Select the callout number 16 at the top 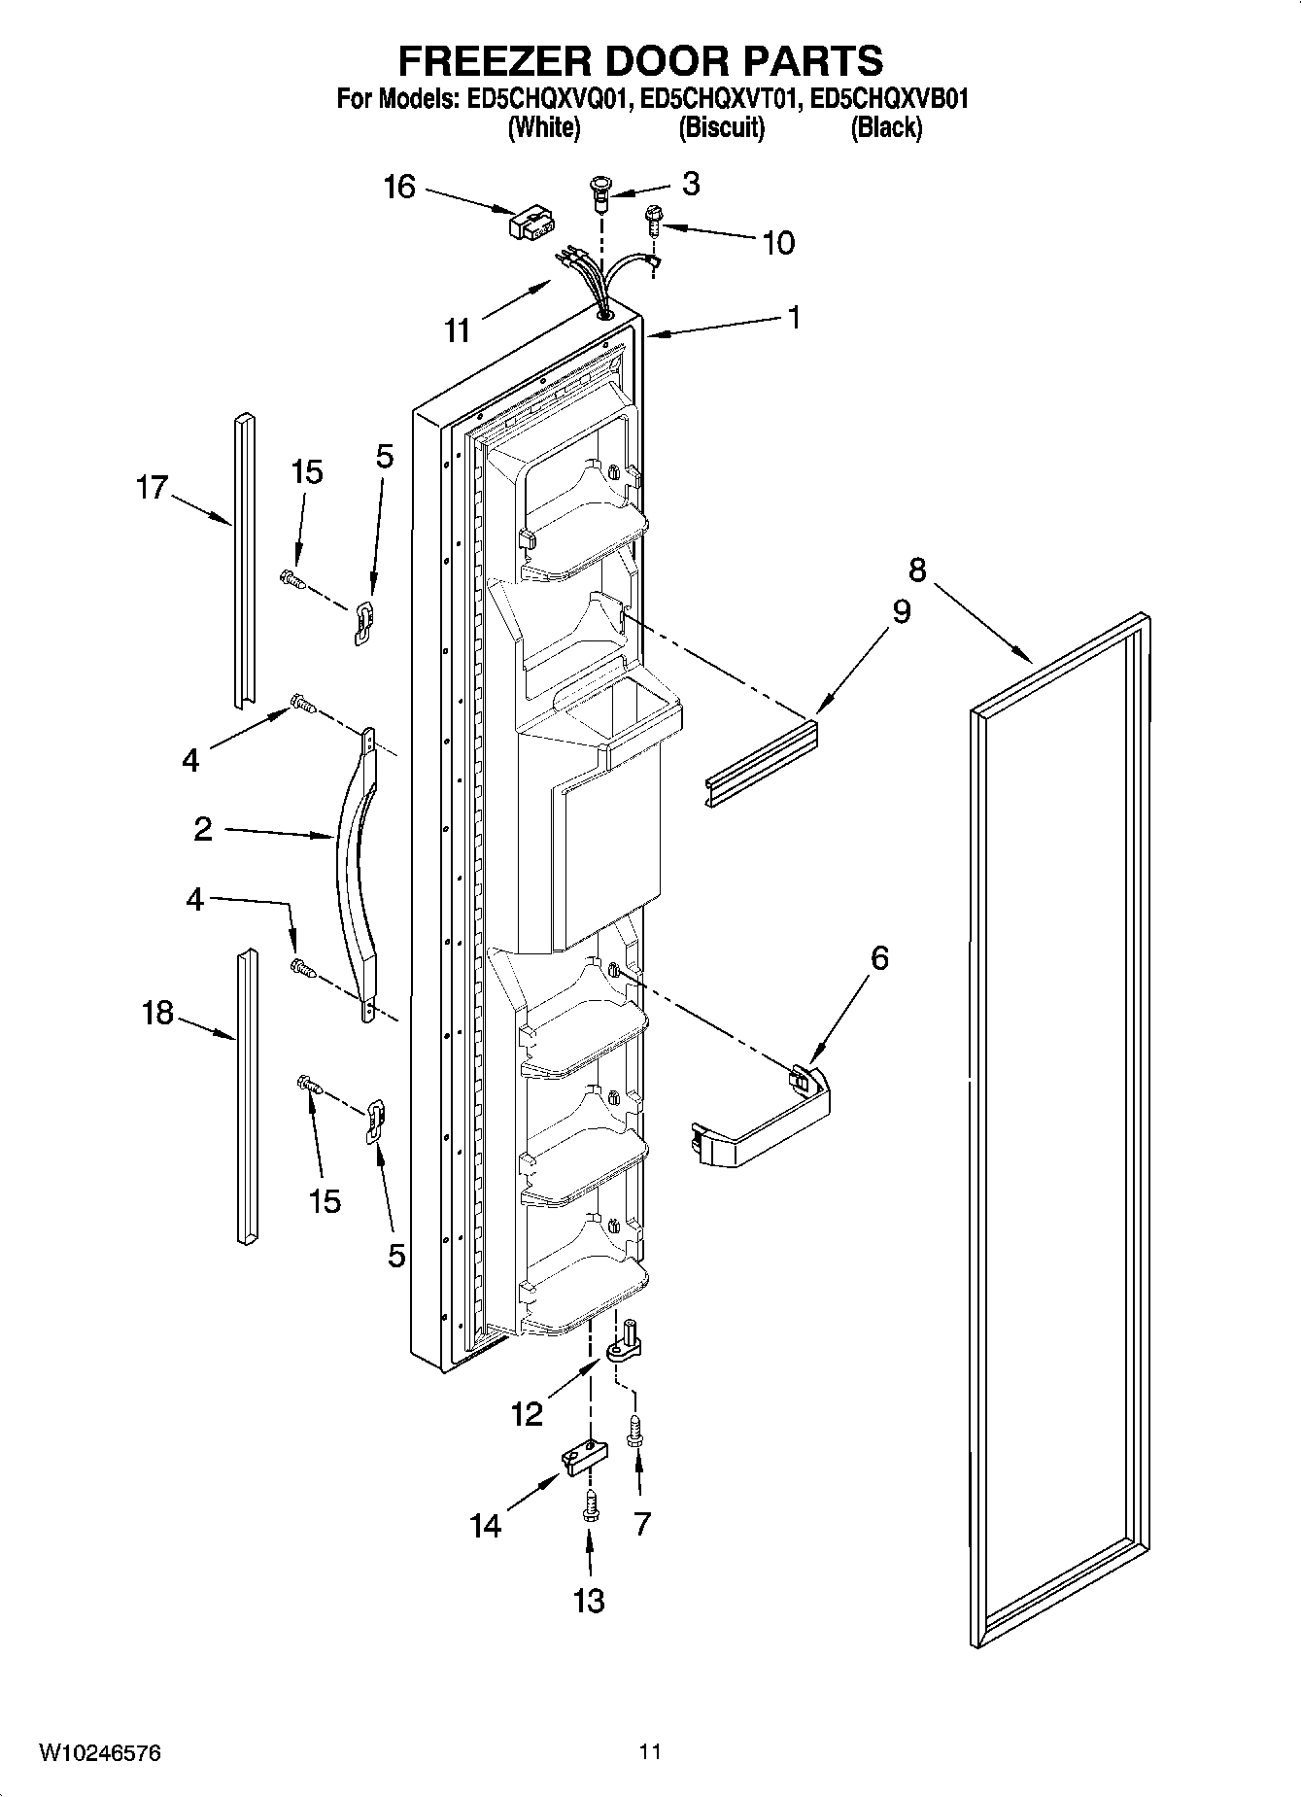(399, 187)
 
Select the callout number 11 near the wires (457, 330)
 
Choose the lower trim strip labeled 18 (247, 1096)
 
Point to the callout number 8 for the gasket (917, 569)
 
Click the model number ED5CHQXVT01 (720, 99)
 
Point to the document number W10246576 (100, 1752)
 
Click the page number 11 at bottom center (650, 1752)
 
